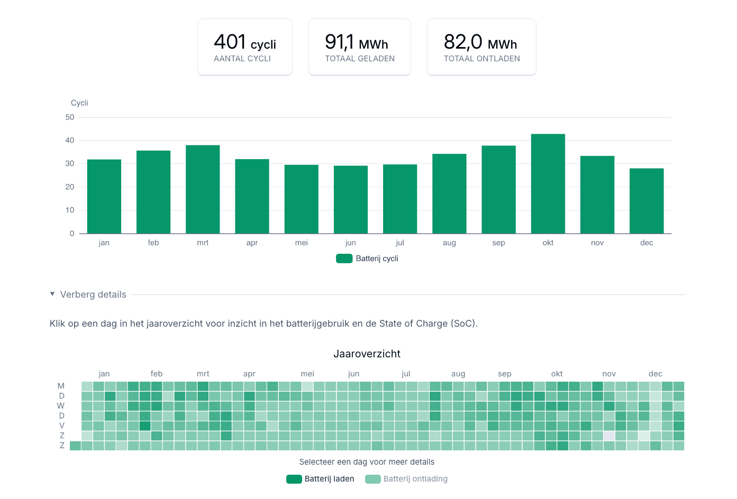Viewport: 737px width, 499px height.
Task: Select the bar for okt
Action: tap(548, 184)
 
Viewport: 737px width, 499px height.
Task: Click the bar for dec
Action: tap(646, 201)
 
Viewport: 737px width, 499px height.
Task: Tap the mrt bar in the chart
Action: tap(203, 189)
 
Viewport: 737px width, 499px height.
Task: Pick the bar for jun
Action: tap(350, 200)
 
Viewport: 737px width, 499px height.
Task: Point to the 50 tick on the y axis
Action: tap(70, 117)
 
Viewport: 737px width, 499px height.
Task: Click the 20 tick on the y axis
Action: tap(70, 187)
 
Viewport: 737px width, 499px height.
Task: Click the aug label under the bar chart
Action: tap(449, 243)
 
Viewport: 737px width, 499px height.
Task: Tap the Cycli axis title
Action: tap(79, 103)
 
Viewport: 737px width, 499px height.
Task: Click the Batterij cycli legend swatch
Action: tap(344, 258)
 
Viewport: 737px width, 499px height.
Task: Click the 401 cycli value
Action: tap(244, 42)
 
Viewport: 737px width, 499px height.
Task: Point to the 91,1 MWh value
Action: tap(356, 42)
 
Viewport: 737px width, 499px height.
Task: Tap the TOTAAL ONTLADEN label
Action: tap(481, 59)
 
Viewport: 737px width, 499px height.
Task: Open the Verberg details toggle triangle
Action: tap(52, 294)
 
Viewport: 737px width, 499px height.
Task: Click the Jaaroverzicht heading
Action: tap(367, 354)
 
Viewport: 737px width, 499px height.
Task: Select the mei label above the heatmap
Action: tap(307, 374)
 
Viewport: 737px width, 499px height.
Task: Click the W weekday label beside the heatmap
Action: tap(61, 406)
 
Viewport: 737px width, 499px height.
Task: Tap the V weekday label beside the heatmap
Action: tap(62, 426)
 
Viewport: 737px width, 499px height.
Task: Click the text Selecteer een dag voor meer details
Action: tap(367, 462)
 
